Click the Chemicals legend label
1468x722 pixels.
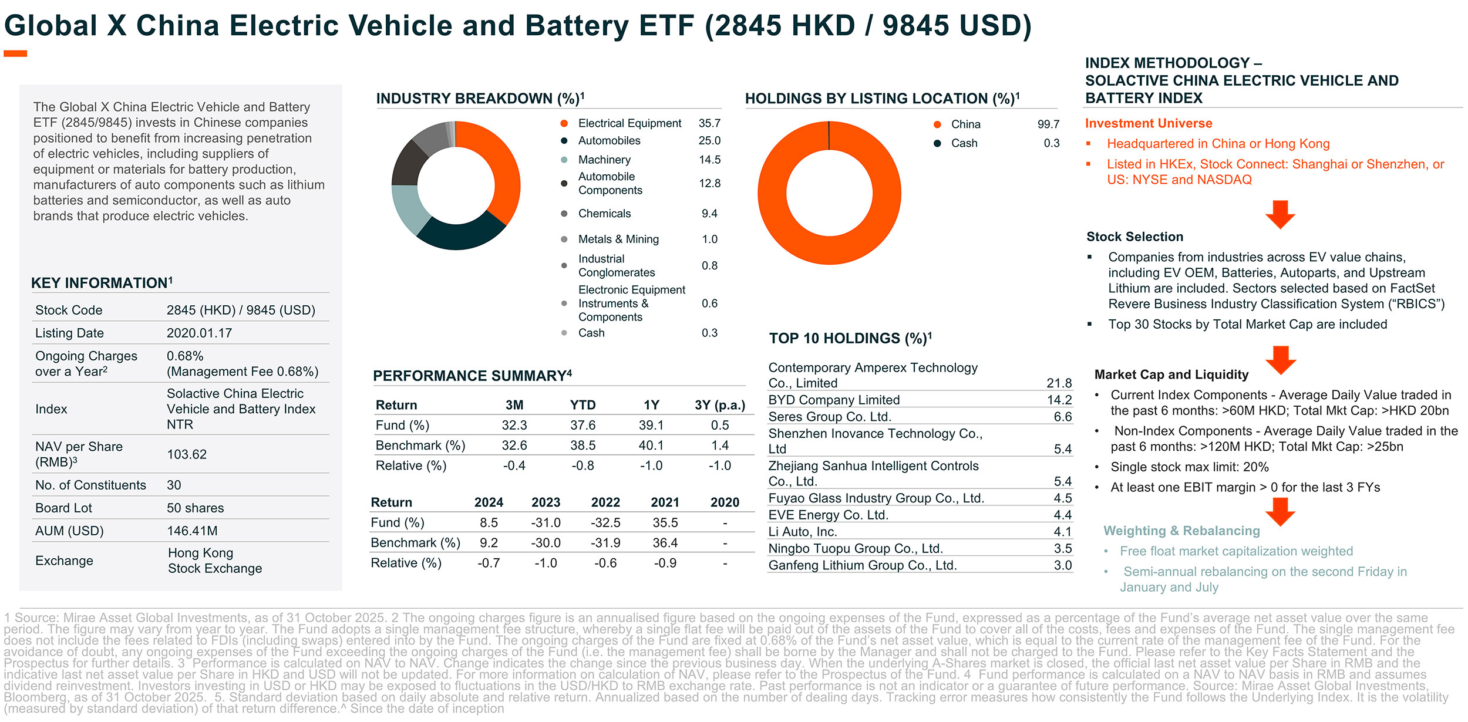(x=604, y=214)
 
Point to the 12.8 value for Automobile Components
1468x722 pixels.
(x=709, y=184)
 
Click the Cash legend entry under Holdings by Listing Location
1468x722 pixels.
(x=964, y=143)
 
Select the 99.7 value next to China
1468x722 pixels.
(x=1048, y=124)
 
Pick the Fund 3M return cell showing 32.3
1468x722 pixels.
(x=514, y=426)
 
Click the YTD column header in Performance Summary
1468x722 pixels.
(x=583, y=405)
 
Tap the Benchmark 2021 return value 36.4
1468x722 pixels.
(x=665, y=543)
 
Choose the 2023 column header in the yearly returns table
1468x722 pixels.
(x=546, y=502)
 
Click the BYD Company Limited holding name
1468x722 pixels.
(x=834, y=400)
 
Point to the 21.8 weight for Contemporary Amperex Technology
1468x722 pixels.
(x=1059, y=383)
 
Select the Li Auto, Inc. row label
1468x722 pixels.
(x=803, y=532)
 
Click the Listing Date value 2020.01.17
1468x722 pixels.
(x=199, y=333)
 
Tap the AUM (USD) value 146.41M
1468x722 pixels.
(x=192, y=531)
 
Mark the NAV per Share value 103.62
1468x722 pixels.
(x=187, y=454)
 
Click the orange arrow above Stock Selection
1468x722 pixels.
(x=1280, y=214)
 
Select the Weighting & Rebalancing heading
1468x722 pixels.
(x=1181, y=531)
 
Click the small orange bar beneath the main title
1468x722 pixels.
(x=15, y=54)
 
